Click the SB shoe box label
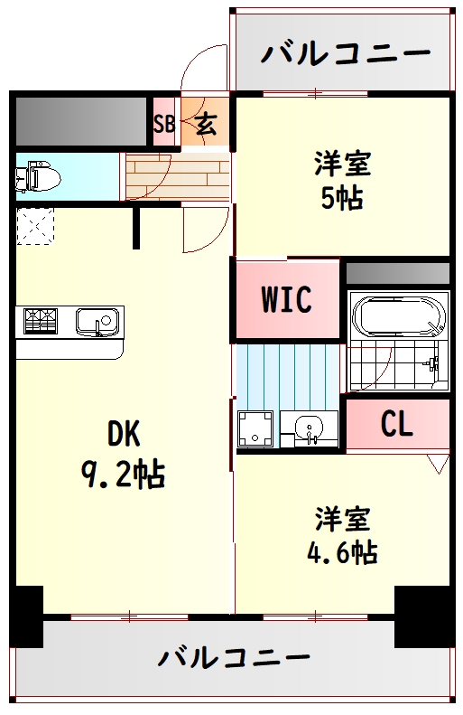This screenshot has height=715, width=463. pos(164,123)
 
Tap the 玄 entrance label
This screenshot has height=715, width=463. pos(207,123)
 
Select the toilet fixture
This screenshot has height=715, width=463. pos(38,176)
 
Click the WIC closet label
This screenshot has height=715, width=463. pos(286,299)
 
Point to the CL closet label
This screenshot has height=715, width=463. pos(397,424)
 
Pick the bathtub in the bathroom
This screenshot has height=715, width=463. pos(399,316)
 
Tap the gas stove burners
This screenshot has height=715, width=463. pos(42,320)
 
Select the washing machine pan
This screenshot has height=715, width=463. pos(255,428)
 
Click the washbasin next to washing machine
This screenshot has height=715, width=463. pos(310,428)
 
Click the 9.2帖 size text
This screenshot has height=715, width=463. pos(123,475)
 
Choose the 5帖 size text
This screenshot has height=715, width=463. pos(342,198)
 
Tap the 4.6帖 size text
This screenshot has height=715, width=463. pos(342,552)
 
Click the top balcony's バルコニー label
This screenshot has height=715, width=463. pos(346,52)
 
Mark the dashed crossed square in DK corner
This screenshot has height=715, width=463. pos(35,227)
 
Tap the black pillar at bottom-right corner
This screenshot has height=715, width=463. pos(424,616)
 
